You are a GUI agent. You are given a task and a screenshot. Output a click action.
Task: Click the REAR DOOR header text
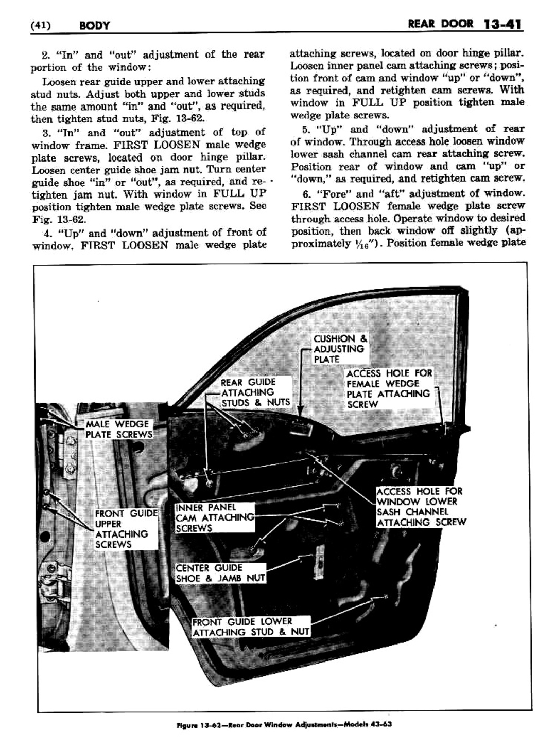440,24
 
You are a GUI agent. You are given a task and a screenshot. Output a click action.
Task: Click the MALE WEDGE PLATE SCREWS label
118,429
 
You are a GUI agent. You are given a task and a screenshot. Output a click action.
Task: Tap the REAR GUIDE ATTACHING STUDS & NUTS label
255,392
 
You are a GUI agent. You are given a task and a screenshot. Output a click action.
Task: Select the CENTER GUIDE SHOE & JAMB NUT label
220,573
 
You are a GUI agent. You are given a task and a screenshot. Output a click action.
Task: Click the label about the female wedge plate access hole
389,388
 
